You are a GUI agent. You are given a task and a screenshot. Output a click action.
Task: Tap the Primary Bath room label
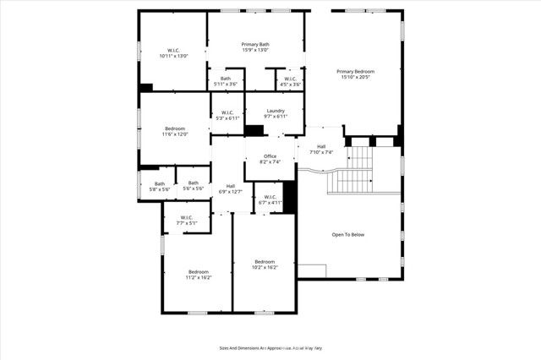tap(254, 47)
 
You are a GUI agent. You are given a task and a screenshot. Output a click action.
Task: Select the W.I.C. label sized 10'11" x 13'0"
tap(173, 52)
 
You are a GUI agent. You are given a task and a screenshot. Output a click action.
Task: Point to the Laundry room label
tap(276, 113)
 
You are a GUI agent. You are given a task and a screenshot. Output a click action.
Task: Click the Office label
tap(270, 159)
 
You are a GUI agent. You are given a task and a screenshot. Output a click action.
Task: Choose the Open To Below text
tap(347, 234)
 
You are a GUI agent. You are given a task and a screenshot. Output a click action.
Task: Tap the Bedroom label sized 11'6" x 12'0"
tap(174, 131)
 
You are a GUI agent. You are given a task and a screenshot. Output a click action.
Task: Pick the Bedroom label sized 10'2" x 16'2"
tap(265, 265)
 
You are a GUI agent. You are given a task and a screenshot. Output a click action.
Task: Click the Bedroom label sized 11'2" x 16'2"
tap(199, 275)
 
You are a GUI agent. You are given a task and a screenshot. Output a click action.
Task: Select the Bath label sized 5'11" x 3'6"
tap(226, 81)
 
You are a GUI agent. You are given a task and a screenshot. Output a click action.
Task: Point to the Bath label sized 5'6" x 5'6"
tap(194, 185)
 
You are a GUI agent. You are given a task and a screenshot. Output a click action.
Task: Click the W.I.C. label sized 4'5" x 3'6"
tap(290, 81)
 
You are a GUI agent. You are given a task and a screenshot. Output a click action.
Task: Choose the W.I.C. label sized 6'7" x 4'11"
tap(270, 200)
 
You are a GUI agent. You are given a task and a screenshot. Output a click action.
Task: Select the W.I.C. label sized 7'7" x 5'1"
tap(186, 221)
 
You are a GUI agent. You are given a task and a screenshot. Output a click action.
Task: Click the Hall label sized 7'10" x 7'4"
tap(321, 150)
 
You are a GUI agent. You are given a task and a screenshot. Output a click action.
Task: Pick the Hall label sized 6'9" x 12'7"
tap(230, 188)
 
